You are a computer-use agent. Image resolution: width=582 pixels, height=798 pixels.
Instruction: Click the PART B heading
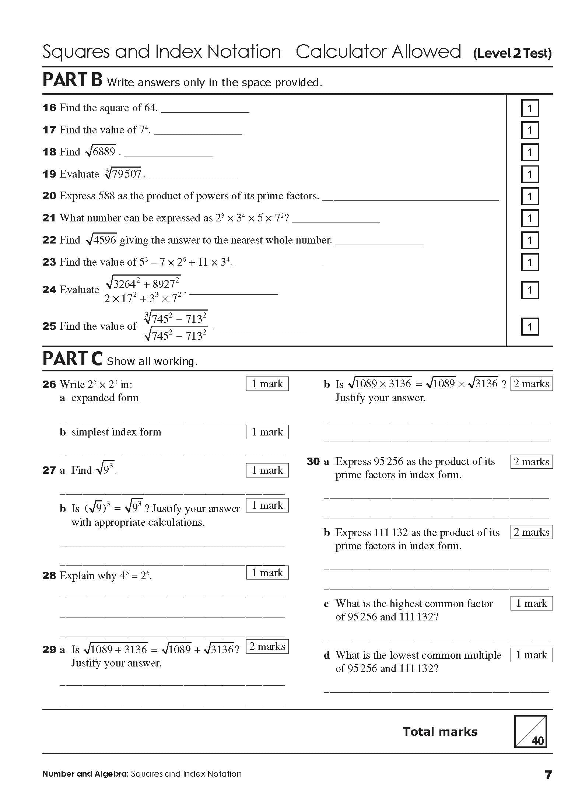pyautogui.click(x=72, y=80)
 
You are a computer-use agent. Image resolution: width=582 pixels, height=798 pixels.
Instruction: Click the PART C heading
pyautogui.click(x=72, y=359)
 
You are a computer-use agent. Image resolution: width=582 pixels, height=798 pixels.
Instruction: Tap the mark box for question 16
pyautogui.click(x=530, y=108)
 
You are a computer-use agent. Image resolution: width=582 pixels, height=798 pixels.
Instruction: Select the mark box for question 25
pyautogui.click(x=530, y=327)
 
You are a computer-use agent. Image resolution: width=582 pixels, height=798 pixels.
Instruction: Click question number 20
pyautogui.click(x=49, y=196)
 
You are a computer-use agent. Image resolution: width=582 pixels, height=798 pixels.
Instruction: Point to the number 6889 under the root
pyautogui.click(x=104, y=151)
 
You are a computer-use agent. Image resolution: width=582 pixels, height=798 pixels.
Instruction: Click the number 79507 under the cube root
pyautogui.click(x=127, y=174)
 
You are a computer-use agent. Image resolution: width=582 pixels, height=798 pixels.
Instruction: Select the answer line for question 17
pyautogui.click(x=198, y=133)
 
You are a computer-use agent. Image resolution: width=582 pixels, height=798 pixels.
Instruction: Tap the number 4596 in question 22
pyautogui.click(x=105, y=240)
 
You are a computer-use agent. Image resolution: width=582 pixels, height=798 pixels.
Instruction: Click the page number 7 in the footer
pyautogui.click(x=548, y=775)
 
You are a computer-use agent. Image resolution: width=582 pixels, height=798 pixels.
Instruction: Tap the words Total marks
pyautogui.click(x=440, y=731)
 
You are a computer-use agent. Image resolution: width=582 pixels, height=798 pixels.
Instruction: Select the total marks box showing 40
pyautogui.click(x=530, y=731)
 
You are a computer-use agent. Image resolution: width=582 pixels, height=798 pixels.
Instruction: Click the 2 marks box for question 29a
pyautogui.click(x=267, y=646)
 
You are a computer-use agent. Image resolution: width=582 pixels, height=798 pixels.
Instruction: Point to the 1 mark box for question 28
pyautogui.click(x=267, y=573)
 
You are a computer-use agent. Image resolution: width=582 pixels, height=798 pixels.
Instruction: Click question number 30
pyautogui.click(x=313, y=462)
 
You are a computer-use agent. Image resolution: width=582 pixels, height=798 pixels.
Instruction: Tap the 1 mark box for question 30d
pyautogui.click(x=531, y=655)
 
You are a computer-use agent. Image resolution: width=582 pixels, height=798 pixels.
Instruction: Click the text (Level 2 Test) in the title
pyautogui.click(x=512, y=54)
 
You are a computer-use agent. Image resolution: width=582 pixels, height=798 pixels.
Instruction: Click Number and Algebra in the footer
pyautogui.click(x=85, y=774)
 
